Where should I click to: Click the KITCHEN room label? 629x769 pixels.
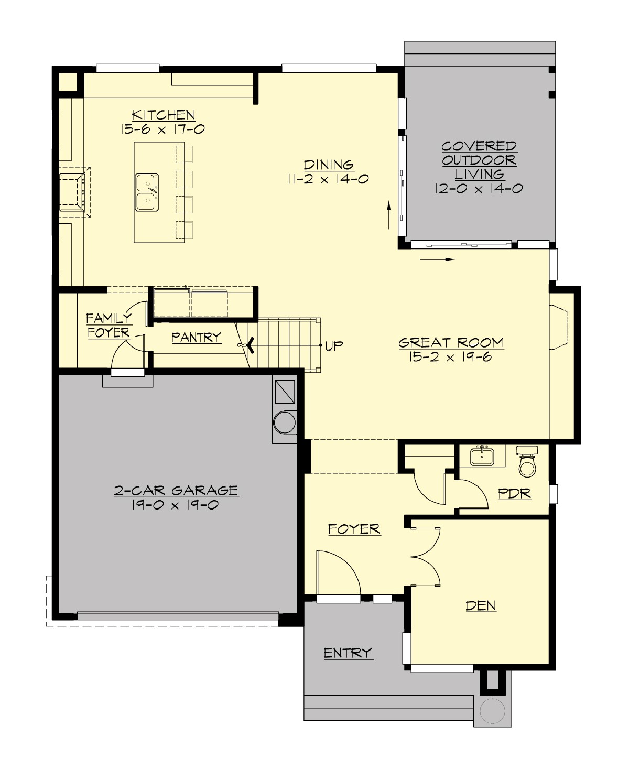click(x=163, y=115)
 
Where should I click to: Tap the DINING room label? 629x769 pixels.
click(x=329, y=165)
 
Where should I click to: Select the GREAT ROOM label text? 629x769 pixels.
click(x=451, y=343)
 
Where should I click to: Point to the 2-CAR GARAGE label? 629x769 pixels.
click(x=176, y=491)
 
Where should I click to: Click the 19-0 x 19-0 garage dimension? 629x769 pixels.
click(x=176, y=505)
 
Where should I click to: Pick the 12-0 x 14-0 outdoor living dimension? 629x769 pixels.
click(x=478, y=189)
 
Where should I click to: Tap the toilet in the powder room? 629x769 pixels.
click(x=527, y=462)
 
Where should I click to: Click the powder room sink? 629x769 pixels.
click(x=482, y=456)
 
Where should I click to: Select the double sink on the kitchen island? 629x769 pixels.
click(x=146, y=192)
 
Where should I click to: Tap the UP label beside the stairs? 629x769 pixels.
click(x=334, y=345)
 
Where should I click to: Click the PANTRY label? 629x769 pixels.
click(x=197, y=338)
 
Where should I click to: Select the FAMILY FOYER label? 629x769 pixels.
click(x=109, y=326)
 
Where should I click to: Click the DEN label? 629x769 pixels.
click(x=481, y=606)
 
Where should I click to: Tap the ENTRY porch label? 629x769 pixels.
click(x=348, y=653)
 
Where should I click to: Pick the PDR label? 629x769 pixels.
click(x=514, y=494)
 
